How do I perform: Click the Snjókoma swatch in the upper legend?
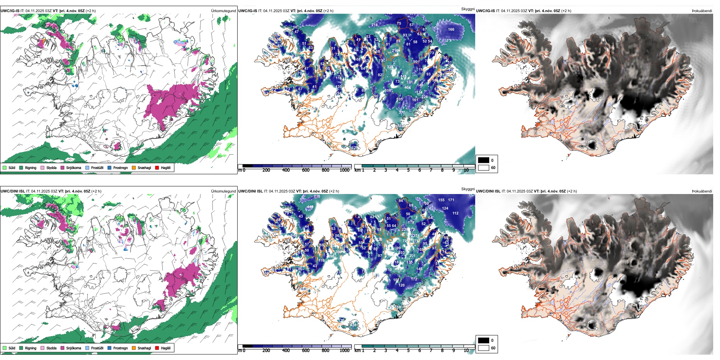(63, 167)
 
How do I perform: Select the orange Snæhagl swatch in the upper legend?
(134, 167)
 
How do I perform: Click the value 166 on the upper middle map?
(451, 29)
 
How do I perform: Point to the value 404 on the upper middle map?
(407, 88)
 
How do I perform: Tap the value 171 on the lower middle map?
(451, 200)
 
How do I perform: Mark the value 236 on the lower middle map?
(317, 196)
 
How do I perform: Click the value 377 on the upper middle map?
(401, 113)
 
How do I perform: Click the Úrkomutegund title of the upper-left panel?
(223, 11)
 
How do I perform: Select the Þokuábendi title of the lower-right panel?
(702, 191)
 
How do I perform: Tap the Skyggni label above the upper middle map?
(468, 9)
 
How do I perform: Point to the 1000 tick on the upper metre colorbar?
(344, 170)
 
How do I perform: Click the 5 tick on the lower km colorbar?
(408, 351)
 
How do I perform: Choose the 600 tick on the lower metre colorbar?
(305, 351)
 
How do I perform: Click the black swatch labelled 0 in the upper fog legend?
(484, 160)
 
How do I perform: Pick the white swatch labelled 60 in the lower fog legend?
(484, 348)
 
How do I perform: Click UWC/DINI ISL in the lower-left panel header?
(13, 191)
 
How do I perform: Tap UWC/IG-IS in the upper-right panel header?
(485, 11)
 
